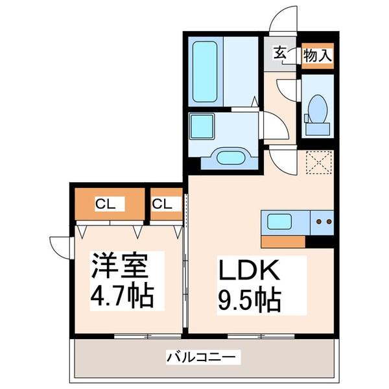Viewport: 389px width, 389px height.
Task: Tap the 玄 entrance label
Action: [279, 53]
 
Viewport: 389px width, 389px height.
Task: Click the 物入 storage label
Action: [317, 54]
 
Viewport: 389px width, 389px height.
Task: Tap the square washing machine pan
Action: [202, 126]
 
